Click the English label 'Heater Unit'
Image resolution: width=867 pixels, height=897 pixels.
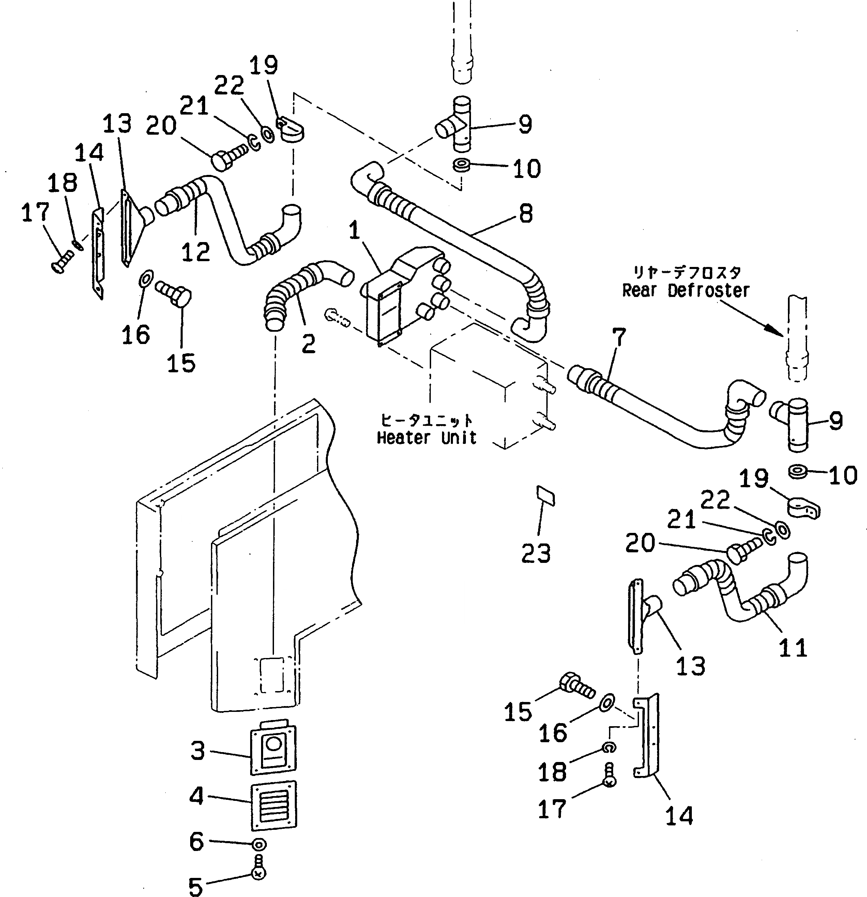[426, 438]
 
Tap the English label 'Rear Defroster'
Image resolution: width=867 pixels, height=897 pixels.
[685, 290]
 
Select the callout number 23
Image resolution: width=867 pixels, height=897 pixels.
[536, 553]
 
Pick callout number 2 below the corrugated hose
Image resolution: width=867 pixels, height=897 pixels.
[309, 343]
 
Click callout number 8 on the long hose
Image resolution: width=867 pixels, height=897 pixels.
[526, 214]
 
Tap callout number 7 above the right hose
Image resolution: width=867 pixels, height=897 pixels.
[619, 338]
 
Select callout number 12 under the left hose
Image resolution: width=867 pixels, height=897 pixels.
[196, 252]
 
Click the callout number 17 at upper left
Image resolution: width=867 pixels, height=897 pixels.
[35, 213]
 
